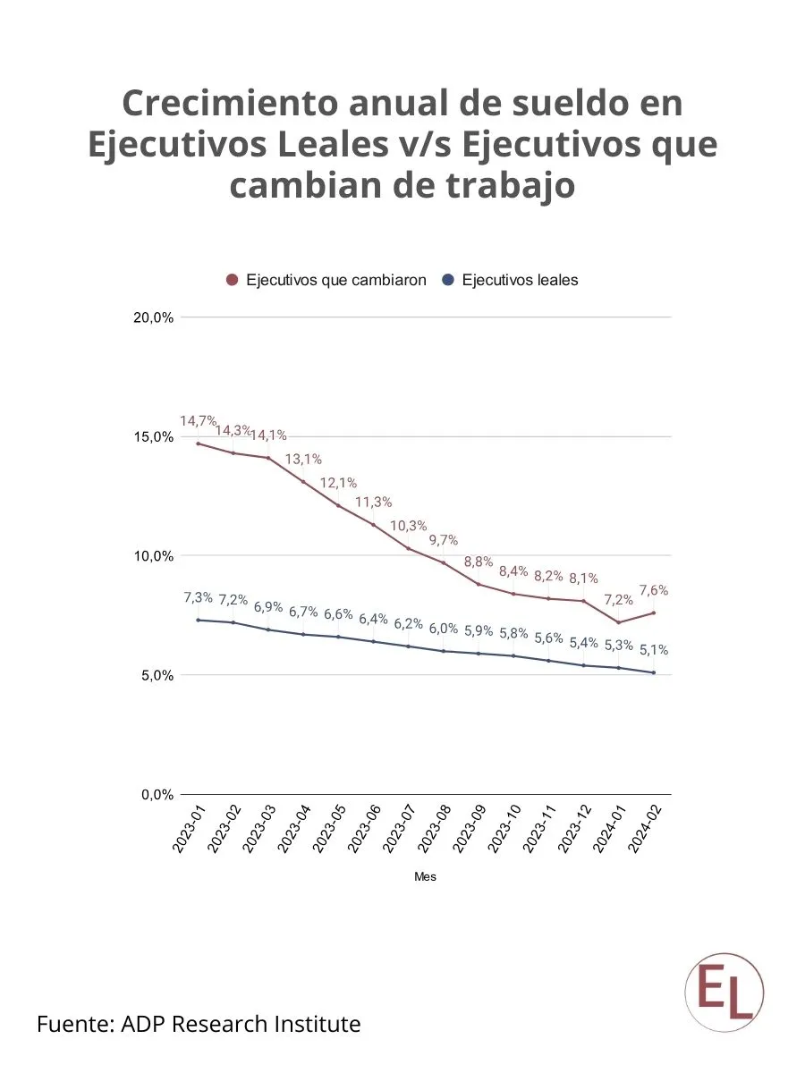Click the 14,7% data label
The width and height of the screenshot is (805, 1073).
point(198,420)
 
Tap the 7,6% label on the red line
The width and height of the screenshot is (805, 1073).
point(653,590)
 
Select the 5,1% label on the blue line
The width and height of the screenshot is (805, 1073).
point(653,650)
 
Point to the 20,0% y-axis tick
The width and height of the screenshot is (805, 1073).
point(151,317)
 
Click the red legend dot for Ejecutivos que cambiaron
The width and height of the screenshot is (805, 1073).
point(233,280)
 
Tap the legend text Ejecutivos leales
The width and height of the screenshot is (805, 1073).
point(520,280)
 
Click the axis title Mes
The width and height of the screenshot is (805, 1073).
point(425,877)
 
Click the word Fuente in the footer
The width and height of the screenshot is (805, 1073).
point(75,1024)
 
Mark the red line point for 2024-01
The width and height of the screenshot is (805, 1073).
point(618,622)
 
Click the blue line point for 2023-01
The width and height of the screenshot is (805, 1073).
point(198,620)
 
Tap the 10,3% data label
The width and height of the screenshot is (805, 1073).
point(409,525)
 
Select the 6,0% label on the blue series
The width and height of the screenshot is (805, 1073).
point(444,629)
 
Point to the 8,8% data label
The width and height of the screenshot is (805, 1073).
point(479,562)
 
